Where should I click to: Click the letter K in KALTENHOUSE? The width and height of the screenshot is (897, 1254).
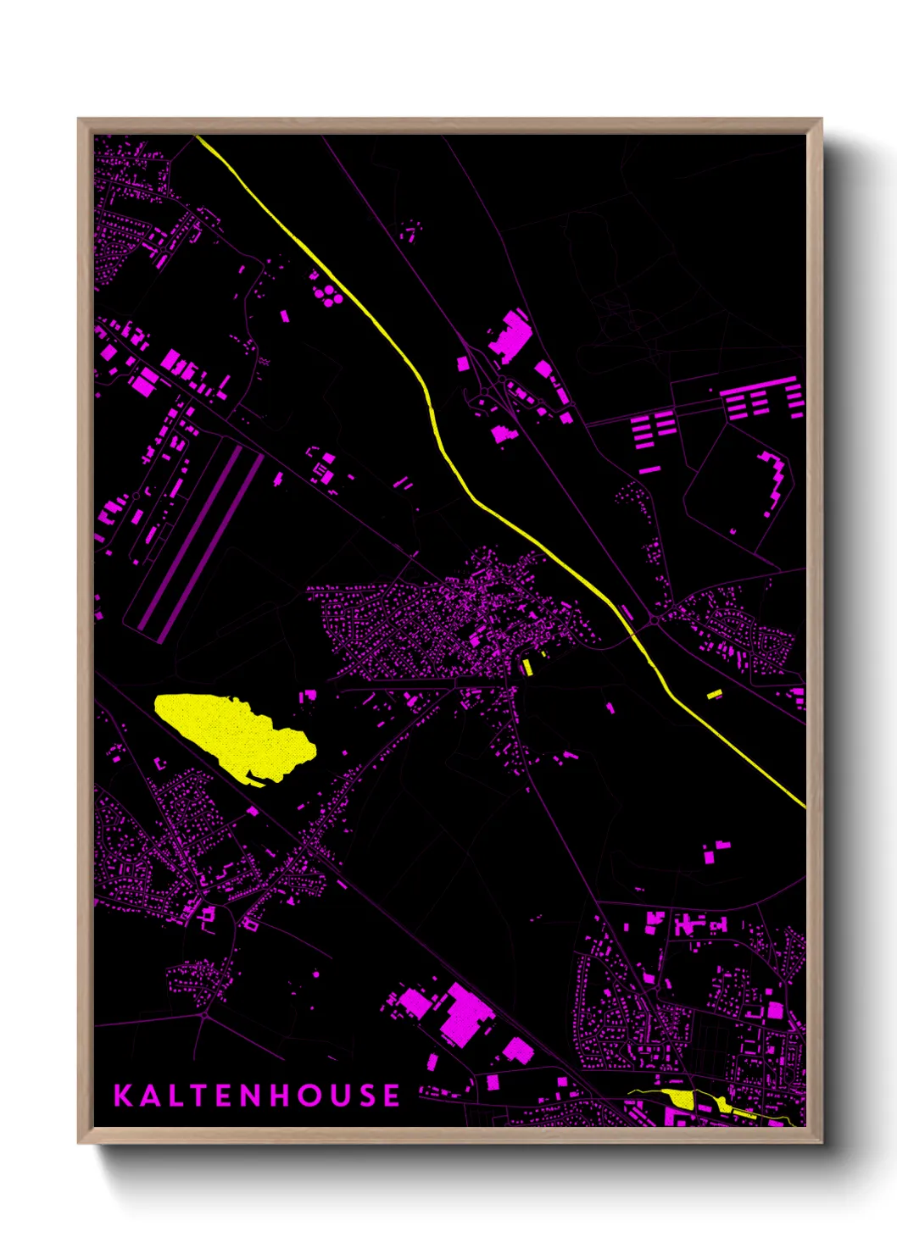pyautogui.click(x=123, y=1095)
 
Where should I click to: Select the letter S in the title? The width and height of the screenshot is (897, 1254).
pyautogui.click(x=365, y=1095)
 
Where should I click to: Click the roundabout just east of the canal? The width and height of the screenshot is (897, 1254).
pyautogui.click(x=655, y=621)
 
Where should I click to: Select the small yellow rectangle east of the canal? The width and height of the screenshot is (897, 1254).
pyautogui.click(x=714, y=695)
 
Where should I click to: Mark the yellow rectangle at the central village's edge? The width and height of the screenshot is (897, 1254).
pyautogui.click(x=527, y=667)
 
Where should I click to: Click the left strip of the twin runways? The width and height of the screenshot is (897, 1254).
pyautogui.click(x=187, y=538)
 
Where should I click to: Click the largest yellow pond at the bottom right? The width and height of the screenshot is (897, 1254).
pyautogui.click(x=681, y=1099)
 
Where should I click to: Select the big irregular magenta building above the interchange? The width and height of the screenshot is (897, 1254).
pyautogui.click(x=510, y=334)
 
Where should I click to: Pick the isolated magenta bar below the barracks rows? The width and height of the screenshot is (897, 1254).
pyautogui.click(x=649, y=469)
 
